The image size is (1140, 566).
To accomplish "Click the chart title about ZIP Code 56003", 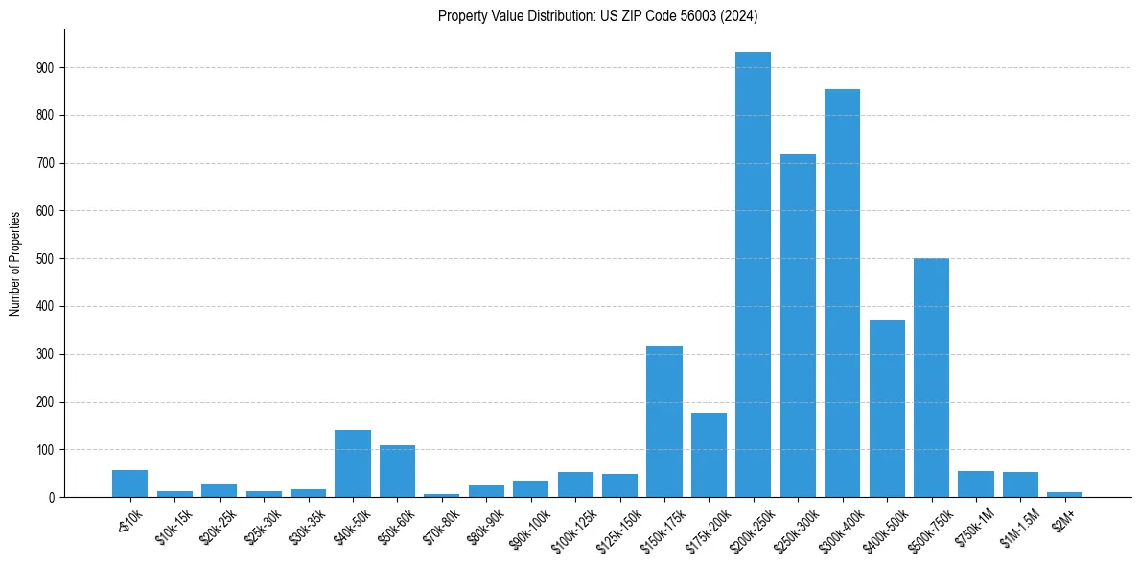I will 597,16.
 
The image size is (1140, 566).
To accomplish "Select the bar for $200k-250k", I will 753,274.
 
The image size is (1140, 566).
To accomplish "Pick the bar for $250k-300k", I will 798,326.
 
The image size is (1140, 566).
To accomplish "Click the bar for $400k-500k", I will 887,409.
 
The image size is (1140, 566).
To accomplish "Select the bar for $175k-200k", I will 709,455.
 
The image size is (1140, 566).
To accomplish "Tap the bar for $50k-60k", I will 397,471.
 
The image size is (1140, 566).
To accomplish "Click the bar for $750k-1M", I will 975,484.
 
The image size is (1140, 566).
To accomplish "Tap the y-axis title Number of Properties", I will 14,263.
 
